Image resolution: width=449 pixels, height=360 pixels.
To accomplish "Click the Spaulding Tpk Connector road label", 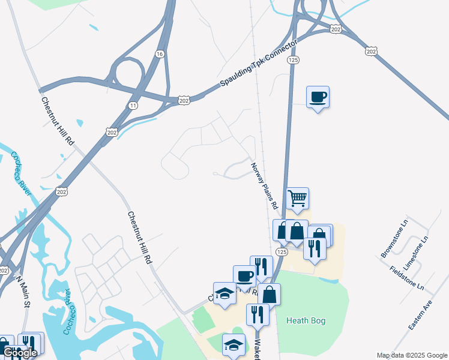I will (258, 65).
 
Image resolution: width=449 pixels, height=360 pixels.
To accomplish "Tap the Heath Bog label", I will (306, 320).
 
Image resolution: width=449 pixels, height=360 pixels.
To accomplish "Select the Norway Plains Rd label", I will (265, 186).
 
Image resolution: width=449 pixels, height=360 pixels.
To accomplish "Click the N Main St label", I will (23, 292).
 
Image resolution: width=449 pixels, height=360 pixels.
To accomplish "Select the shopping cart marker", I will (298, 198).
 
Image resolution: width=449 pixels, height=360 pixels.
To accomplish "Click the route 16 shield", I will (159, 54).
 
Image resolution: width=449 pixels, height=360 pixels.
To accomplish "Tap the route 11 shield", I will (131, 105).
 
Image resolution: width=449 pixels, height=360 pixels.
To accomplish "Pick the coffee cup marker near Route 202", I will (318, 97).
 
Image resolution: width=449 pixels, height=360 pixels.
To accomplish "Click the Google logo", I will (20, 353).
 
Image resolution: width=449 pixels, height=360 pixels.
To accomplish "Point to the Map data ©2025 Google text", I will (412, 355).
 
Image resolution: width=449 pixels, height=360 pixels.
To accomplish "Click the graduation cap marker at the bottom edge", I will (234, 344).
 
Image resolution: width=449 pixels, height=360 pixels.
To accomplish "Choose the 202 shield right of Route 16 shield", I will (184, 99).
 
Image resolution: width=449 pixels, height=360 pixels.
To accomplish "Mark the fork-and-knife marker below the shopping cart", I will (315, 248).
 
